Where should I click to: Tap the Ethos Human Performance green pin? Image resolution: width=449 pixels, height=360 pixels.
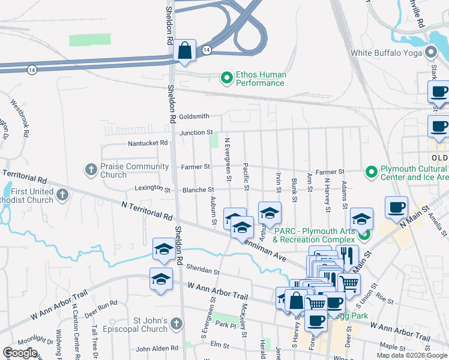pyautogui.click(x=226, y=79)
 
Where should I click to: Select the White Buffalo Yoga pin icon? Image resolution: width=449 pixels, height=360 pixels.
pyautogui.click(x=430, y=53)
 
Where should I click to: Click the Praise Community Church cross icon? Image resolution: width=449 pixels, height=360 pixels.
pyautogui.click(x=91, y=170)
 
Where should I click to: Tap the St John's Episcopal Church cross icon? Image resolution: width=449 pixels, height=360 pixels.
pyautogui.click(x=176, y=324)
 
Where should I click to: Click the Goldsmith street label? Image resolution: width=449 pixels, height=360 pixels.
pyautogui.click(x=194, y=116)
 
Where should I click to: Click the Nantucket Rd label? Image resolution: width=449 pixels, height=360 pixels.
pyautogui.click(x=148, y=143)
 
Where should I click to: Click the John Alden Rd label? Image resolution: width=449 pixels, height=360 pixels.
pyautogui.click(x=157, y=348)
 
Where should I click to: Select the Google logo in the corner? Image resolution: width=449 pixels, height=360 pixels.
pyautogui.click(x=20, y=353)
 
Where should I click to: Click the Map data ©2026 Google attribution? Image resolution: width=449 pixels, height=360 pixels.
pyautogui.click(x=411, y=355)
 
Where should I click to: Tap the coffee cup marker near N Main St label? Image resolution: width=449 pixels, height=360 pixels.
pyautogui.click(x=396, y=207)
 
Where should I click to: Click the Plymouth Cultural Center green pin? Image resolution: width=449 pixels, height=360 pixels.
pyautogui.click(x=372, y=172)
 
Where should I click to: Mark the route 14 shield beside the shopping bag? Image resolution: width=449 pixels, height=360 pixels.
pyautogui.click(x=206, y=49)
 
